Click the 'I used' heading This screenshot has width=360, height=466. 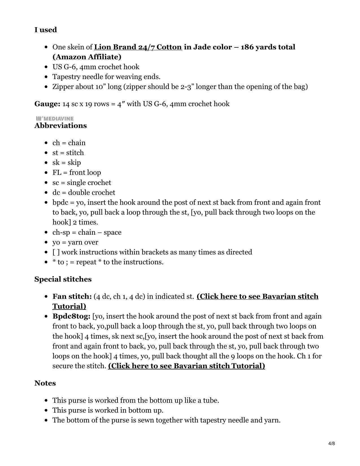point(45,30)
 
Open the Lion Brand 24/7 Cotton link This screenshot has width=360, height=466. point(138,47)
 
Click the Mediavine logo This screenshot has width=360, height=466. point(55,119)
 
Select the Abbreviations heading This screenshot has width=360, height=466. point(60,126)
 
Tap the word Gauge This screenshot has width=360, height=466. point(47,104)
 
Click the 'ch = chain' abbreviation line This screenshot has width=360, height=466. point(69,143)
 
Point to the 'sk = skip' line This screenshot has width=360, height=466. point(67,163)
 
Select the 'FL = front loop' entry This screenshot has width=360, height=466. point(77,173)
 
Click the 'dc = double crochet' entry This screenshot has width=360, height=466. point(84,193)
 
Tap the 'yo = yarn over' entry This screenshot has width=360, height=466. point(75,242)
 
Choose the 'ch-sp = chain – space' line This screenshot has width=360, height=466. point(87,232)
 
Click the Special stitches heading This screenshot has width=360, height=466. point(63,279)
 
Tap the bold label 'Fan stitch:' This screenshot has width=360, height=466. point(72,297)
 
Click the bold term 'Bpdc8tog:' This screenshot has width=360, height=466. point(71,316)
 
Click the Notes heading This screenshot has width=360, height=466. point(45,383)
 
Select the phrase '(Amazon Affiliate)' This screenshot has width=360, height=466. point(87,57)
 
